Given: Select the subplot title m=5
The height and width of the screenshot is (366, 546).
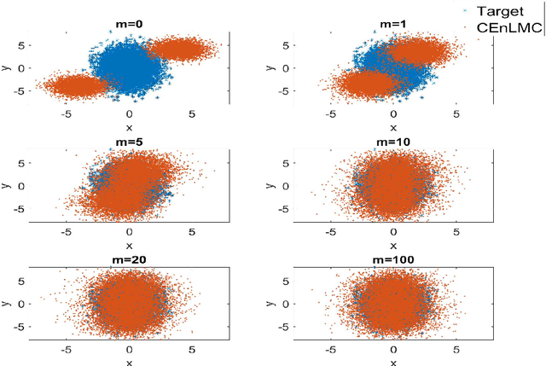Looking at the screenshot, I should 129,142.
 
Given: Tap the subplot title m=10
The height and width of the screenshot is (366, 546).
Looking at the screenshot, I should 393,142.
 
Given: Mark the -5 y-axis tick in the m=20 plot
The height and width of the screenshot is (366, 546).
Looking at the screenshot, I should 20,325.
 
